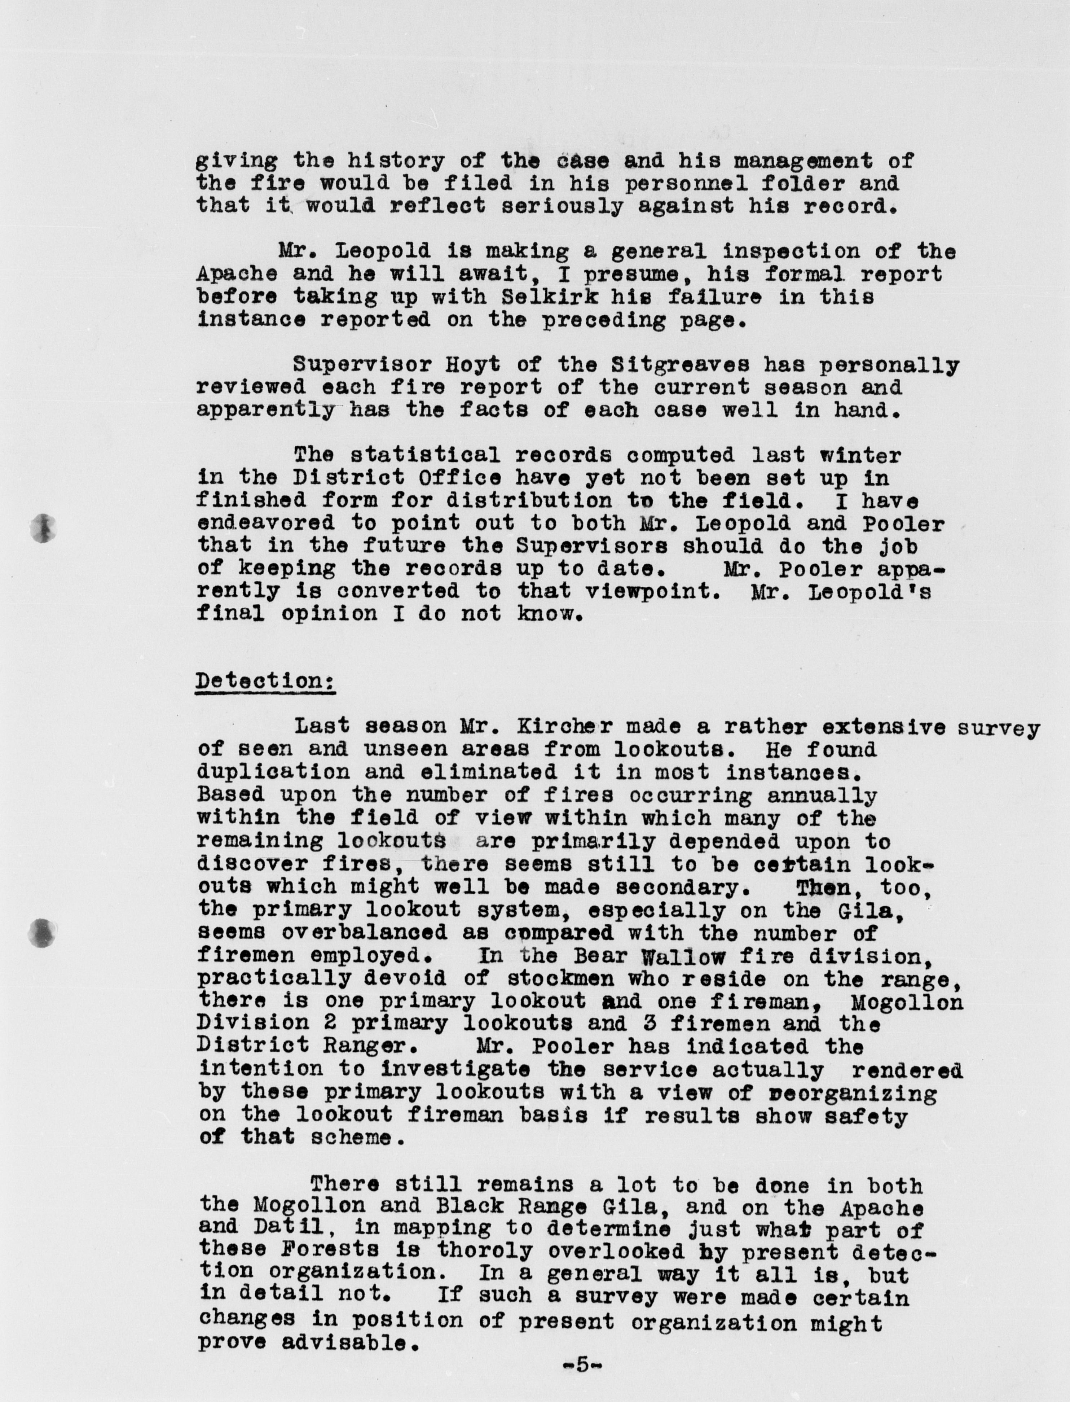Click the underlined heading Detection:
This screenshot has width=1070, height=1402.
pyautogui.click(x=265, y=681)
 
